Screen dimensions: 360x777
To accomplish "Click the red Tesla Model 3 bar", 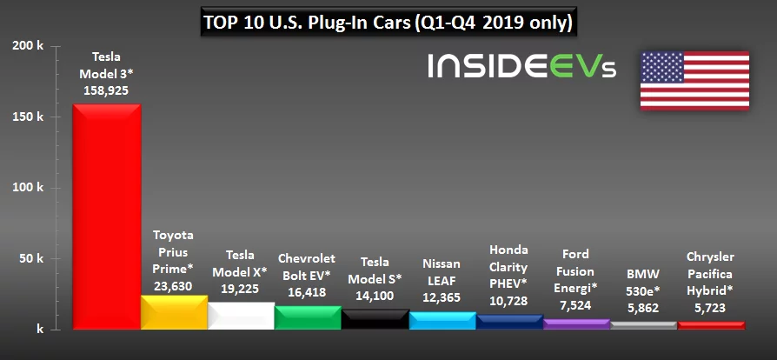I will click(106, 217).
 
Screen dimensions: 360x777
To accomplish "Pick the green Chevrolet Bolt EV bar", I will click(307, 318).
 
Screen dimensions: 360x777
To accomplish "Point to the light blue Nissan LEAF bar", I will click(442, 321).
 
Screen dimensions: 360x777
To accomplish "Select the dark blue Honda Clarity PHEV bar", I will click(508, 322).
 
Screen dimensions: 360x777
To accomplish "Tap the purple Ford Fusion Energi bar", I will click(575, 324).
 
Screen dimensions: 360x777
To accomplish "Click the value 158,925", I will click(106, 90).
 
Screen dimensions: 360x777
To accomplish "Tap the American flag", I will click(694, 79).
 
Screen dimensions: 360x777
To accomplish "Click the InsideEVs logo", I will click(521, 67).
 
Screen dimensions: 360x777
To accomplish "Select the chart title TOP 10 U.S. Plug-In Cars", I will click(387, 21).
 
